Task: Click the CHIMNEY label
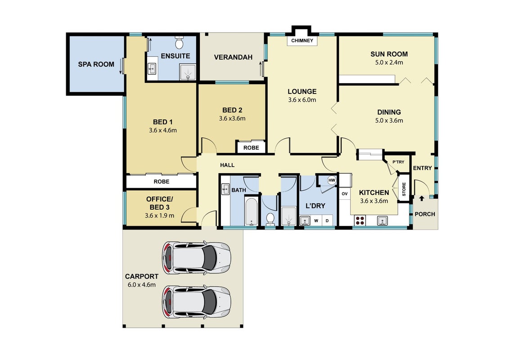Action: (302, 40)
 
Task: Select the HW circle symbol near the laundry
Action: (331, 180)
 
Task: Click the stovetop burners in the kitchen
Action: (360, 220)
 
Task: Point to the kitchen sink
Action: (382, 221)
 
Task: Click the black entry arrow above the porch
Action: (422, 198)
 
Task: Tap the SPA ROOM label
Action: (96, 64)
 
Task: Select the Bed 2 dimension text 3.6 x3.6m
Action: (232, 118)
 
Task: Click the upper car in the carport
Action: (196, 257)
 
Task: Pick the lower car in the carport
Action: (196, 301)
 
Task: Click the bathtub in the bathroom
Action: (251, 211)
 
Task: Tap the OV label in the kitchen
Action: (344, 194)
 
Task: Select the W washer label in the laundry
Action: (316, 221)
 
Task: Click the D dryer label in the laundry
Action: (327, 221)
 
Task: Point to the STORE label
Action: (404, 189)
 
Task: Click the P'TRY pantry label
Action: (398, 162)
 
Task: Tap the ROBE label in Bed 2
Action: (251, 148)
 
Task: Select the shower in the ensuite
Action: (188, 72)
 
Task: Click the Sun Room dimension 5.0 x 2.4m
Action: (389, 63)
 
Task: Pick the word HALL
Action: (227, 165)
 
